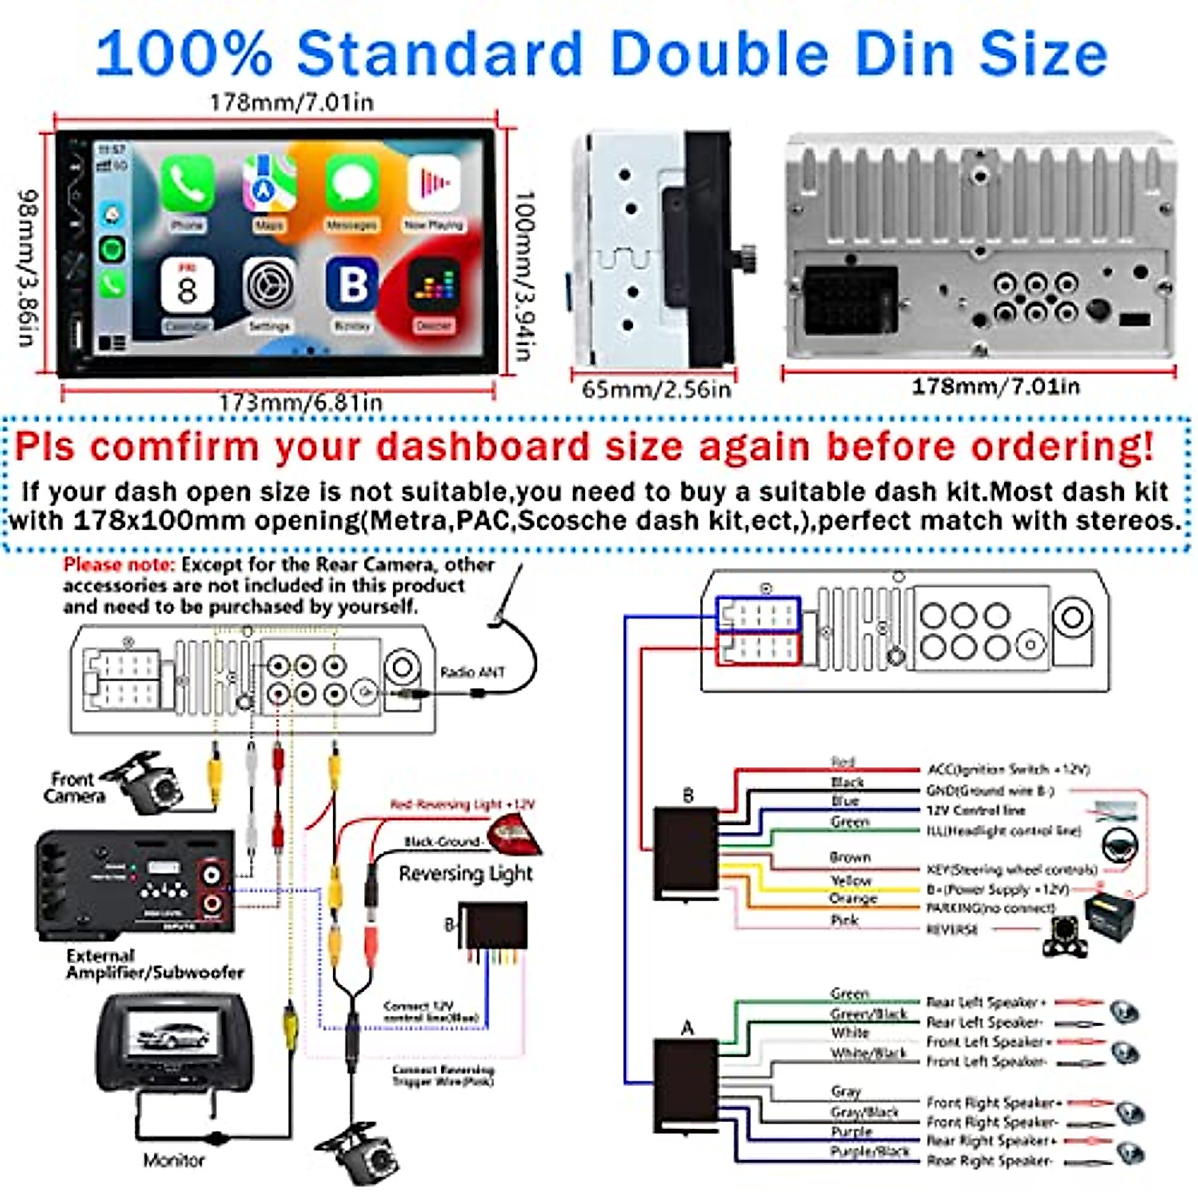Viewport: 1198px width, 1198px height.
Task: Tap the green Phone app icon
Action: click(187, 185)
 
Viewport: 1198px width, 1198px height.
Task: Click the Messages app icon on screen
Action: click(351, 185)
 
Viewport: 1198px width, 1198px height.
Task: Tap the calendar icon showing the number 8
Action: click(187, 287)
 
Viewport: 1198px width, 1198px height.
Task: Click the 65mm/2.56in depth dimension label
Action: click(656, 389)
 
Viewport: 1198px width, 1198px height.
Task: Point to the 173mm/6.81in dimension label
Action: click(300, 403)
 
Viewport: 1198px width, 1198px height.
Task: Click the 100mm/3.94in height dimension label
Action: click(523, 275)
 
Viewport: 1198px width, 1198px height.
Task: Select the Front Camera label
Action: click(74, 787)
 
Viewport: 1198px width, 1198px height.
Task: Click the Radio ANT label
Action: click(472, 672)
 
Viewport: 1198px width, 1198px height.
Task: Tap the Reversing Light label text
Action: click(465, 874)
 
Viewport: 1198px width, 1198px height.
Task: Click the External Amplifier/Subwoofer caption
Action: click(154, 964)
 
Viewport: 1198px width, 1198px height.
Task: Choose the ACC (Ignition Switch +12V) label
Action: click(1008, 769)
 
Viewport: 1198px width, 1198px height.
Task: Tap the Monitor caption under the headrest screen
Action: click(173, 1160)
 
